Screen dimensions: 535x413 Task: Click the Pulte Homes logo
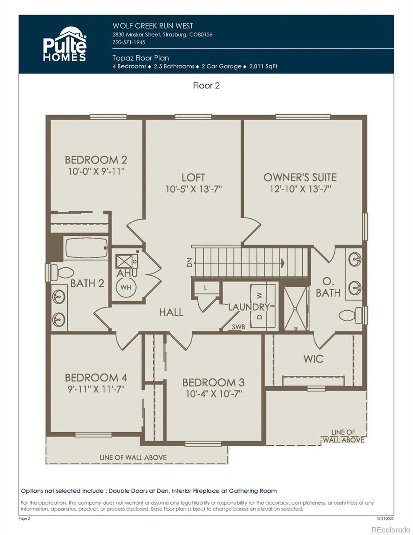65,44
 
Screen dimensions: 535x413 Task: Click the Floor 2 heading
206,86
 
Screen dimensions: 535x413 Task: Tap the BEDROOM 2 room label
96,160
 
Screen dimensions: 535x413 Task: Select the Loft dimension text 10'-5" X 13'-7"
194,189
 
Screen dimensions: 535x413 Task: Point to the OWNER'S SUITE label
300,177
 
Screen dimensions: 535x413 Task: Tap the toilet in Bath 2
62,273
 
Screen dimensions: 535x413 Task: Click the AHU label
127,273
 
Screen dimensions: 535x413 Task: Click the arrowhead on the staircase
283,263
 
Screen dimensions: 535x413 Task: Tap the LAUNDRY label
249,307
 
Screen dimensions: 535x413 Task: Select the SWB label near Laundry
238,327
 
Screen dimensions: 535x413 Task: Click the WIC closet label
313,359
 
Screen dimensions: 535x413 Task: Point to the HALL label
171,312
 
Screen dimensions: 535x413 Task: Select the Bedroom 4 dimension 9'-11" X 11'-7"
96,389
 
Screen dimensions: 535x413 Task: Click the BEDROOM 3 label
213,383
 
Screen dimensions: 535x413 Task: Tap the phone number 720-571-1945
129,42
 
